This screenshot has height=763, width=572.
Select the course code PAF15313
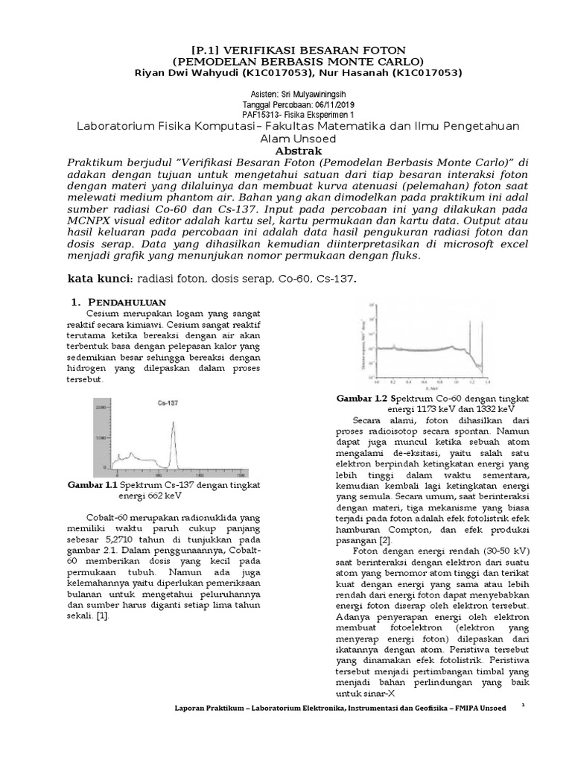tap(264, 115)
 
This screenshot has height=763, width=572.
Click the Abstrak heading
tap(285, 150)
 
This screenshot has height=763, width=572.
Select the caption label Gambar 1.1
tap(93, 485)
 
